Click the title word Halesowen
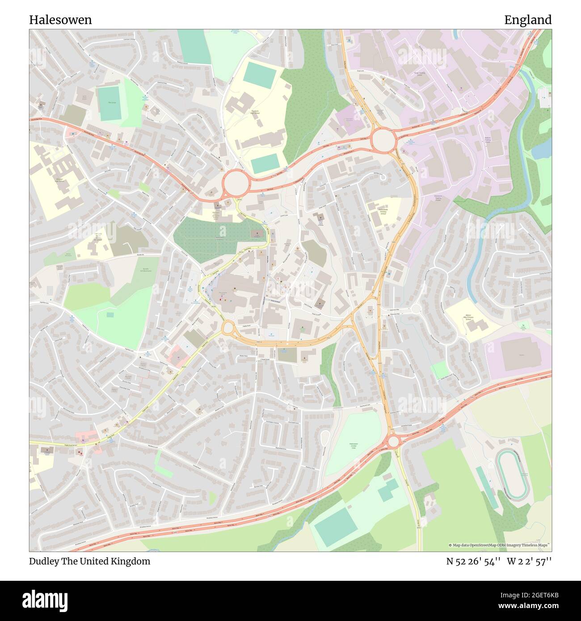coord(60,20)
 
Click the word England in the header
coord(528,20)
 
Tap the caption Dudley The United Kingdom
coord(89,561)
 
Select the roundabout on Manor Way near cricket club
coord(393,441)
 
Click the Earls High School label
coord(255,112)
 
